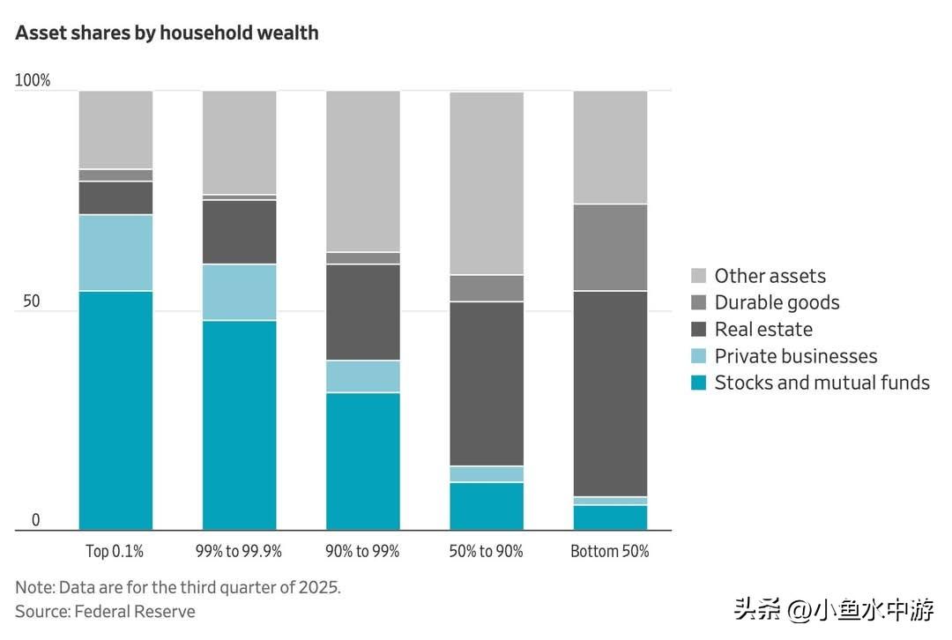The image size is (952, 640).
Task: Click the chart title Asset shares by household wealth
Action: click(167, 33)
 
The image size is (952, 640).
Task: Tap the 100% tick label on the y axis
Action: click(33, 80)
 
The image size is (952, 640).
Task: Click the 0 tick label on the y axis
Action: click(35, 520)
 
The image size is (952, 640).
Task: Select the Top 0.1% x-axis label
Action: click(115, 551)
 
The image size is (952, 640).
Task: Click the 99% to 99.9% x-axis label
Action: click(238, 551)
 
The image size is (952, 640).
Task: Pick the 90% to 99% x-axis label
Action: click(362, 551)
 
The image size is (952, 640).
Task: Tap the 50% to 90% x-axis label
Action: click(486, 551)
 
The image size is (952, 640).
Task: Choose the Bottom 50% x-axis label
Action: click(610, 551)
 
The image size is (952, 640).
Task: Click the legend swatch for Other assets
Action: click(699, 276)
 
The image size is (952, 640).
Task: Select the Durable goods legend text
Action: click(777, 302)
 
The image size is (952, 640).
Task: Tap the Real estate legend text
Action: click(763, 329)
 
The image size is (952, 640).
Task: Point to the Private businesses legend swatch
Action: click(699, 356)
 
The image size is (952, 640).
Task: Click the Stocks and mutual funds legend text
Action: click(822, 383)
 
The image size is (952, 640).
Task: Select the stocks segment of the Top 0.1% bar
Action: click(115, 410)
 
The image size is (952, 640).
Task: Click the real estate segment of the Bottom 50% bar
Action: click(610, 393)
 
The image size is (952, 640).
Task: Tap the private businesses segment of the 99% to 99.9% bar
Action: click(239, 292)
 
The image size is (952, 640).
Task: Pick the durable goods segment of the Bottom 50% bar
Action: click(610, 247)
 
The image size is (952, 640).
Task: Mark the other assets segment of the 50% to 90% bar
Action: click(486, 182)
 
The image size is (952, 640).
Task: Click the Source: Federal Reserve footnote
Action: click(105, 611)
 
